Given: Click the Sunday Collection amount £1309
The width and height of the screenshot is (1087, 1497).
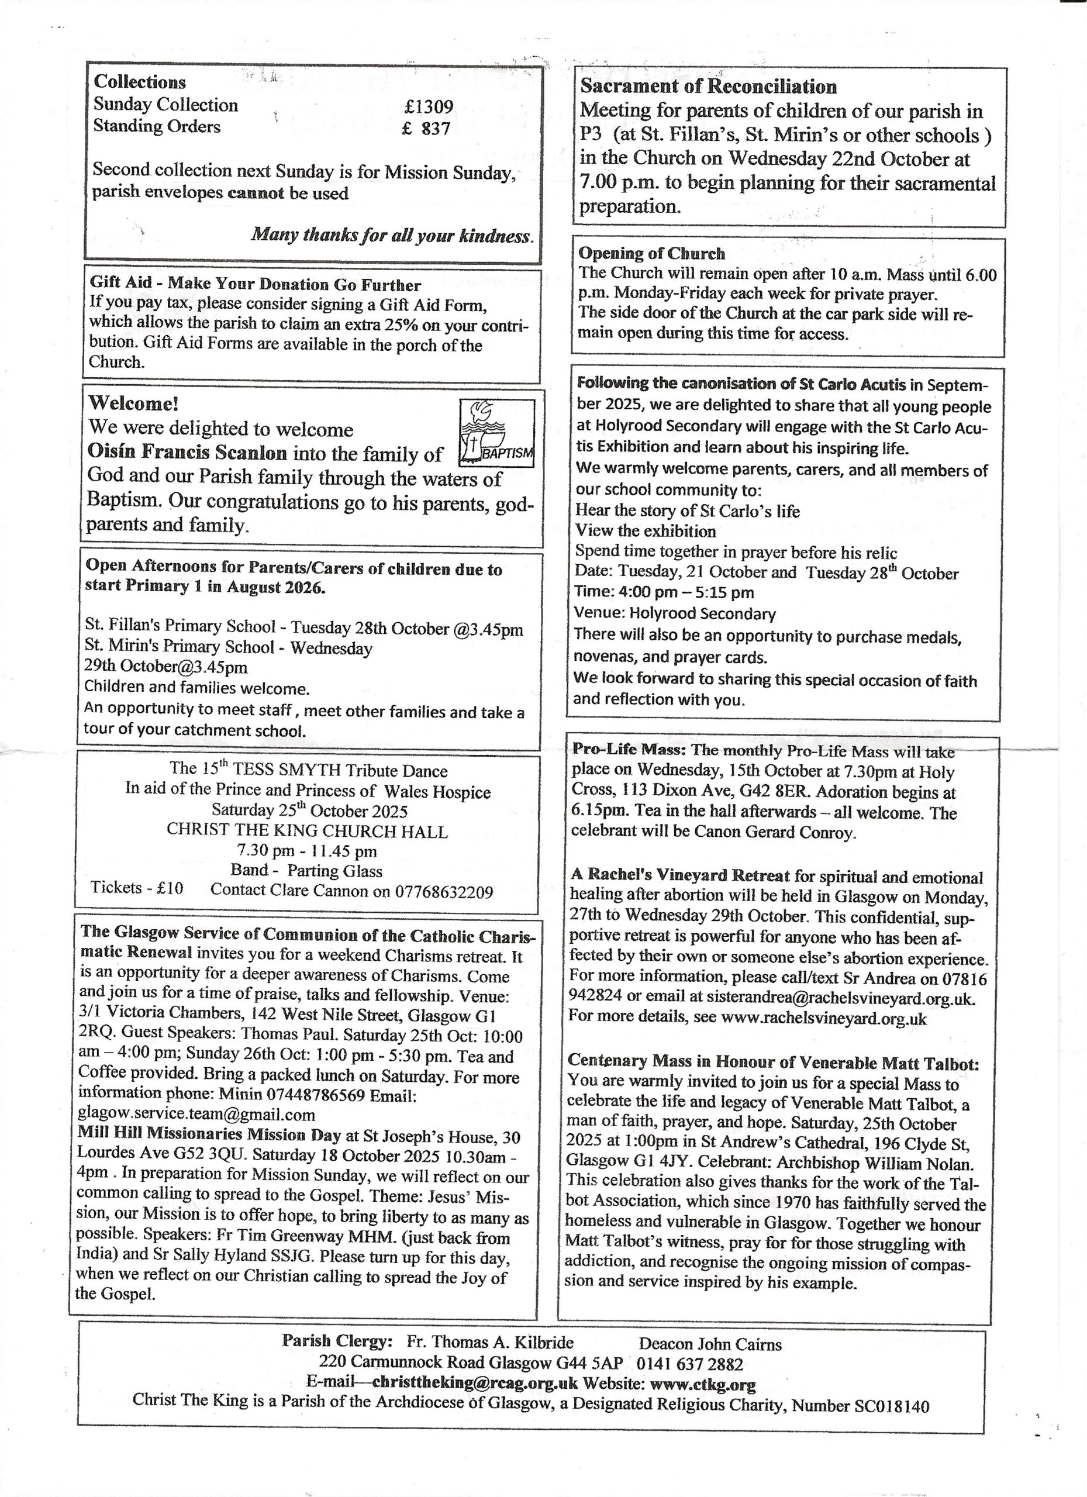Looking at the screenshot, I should pyautogui.click(x=429, y=106).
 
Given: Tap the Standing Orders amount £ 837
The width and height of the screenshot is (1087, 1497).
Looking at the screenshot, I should pyautogui.click(x=426, y=128).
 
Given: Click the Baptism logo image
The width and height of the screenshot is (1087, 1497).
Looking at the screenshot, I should pyautogui.click(x=496, y=432).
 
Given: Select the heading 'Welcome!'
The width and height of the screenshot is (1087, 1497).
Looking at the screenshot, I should pyautogui.click(x=133, y=403).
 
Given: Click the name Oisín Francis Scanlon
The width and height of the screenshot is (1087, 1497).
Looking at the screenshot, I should pyautogui.click(x=188, y=452).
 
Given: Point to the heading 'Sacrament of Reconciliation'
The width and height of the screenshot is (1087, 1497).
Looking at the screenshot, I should pyautogui.click(x=708, y=87).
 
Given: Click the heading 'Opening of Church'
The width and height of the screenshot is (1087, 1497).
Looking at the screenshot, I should pyautogui.click(x=651, y=253).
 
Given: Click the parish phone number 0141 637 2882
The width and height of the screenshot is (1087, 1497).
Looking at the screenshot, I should pyautogui.click(x=690, y=1364).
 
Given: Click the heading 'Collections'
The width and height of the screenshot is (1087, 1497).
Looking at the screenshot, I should pyautogui.click(x=140, y=82).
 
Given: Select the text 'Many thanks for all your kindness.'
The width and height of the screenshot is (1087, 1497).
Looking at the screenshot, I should pyautogui.click(x=392, y=235).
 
